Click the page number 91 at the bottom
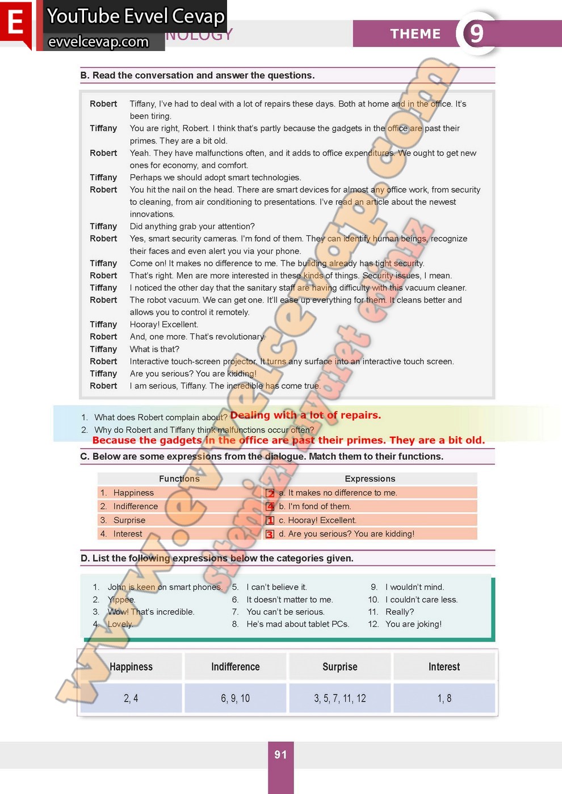point(280,754)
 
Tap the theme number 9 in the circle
point(477,33)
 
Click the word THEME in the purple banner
point(415,34)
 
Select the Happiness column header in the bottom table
point(131,666)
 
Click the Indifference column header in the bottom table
point(235,666)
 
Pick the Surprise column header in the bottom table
point(339,666)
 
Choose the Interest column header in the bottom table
point(444,666)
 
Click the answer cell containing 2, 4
point(131,698)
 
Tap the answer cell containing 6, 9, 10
point(235,698)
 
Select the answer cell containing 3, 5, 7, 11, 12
point(339,698)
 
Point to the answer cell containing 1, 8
point(444,698)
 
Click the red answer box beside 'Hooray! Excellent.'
point(270,521)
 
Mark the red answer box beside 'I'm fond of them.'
point(270,506)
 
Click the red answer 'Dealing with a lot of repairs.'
point(305,415)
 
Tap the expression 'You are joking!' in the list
point(413,624)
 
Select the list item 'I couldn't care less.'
point(421,599)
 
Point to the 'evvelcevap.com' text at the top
point(98,41)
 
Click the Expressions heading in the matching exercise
point(370,479)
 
